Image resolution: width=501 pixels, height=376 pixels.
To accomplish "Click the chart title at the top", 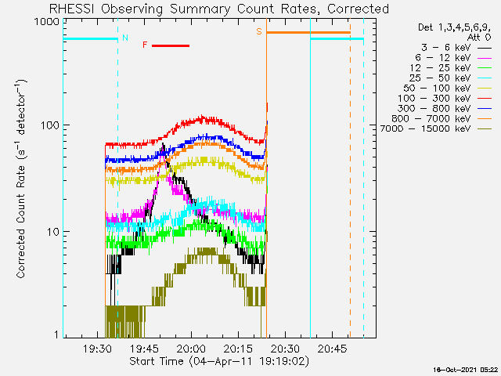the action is tap(219, 9).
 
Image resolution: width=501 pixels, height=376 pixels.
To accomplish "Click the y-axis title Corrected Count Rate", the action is tap(21, 179).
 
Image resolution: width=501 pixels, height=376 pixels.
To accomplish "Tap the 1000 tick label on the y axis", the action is tap(47, 22).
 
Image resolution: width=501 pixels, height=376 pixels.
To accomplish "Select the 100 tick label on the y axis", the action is tap(51, 125).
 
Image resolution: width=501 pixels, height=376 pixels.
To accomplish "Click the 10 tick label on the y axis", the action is tap(54, 232).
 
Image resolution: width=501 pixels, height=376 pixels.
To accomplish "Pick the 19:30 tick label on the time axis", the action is tap(97, 349).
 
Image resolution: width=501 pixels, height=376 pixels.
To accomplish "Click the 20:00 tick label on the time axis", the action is tap(192, 349).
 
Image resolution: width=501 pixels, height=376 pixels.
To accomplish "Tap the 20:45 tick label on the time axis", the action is tap(332, 349).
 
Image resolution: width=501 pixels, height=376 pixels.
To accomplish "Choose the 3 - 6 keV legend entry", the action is tap(456, 48).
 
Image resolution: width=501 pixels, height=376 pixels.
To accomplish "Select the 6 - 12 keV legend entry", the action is tap(453, 58).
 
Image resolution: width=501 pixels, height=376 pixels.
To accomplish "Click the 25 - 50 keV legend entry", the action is tap(450, 78).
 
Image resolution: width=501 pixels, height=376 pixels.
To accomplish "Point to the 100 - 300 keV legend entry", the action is tap(445, 99).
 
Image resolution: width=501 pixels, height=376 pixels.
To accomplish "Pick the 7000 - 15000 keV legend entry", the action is tap(436, 128).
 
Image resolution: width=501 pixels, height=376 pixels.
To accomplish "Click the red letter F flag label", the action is tap(145, 45).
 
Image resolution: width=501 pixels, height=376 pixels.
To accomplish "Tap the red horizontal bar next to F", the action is tap(171, 45).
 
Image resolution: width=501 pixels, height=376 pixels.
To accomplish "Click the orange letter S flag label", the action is tap(259, 31).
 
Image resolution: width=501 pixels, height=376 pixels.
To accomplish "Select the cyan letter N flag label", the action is tap(125, 38).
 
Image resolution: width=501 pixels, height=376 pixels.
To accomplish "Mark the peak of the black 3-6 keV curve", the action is tap(163, 144).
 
